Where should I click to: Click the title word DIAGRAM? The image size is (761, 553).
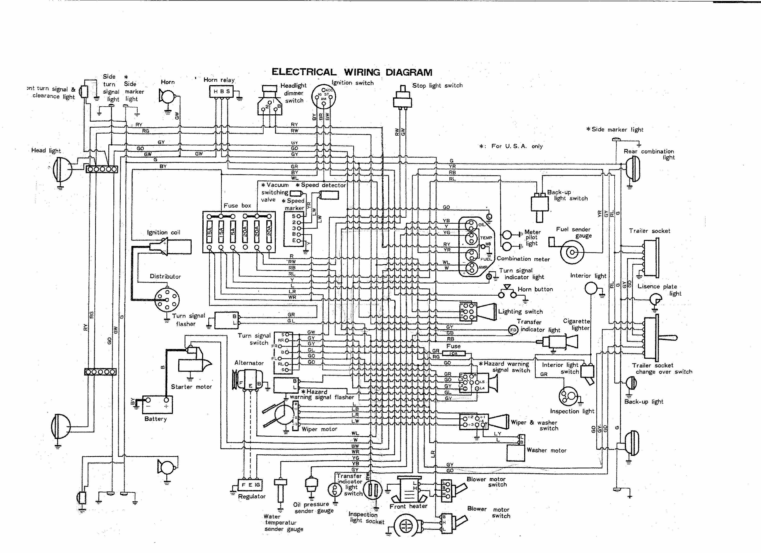click(409, 72)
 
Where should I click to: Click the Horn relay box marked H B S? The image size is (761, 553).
click(221, 91)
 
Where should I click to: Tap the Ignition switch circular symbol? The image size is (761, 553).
click(324, 96)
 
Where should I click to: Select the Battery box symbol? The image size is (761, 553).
click(157, 404)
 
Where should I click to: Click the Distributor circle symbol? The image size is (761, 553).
click(167, 300)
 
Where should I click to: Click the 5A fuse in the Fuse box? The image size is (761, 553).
click(233, 231)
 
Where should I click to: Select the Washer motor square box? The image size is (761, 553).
click(515, 453)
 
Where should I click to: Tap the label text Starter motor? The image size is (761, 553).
click(191, 387)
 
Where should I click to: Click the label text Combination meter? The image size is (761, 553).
click(523, 259)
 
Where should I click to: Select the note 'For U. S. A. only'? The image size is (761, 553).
click(517, 146)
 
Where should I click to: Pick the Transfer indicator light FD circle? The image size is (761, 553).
click(513, 330)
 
